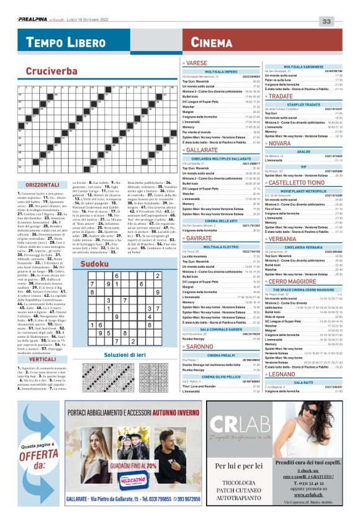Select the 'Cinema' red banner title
pos(212,42)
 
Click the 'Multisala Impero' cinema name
pos(222,71)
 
